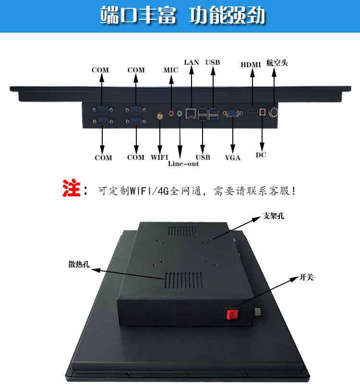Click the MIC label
pos(170,70)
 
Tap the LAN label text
pos(192,62)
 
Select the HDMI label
pos(251,65)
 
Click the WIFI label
pos(160,157)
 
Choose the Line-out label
pos(183,164)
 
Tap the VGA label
pos(233,157)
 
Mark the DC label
pos(261,155)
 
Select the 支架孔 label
pos(274,216)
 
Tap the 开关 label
pos(306,277)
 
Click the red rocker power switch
pos(233,315)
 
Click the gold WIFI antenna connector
pos(160,116)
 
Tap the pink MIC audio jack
pos(171,114)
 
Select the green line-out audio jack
pos(180,114)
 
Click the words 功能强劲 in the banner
pos(227,16)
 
